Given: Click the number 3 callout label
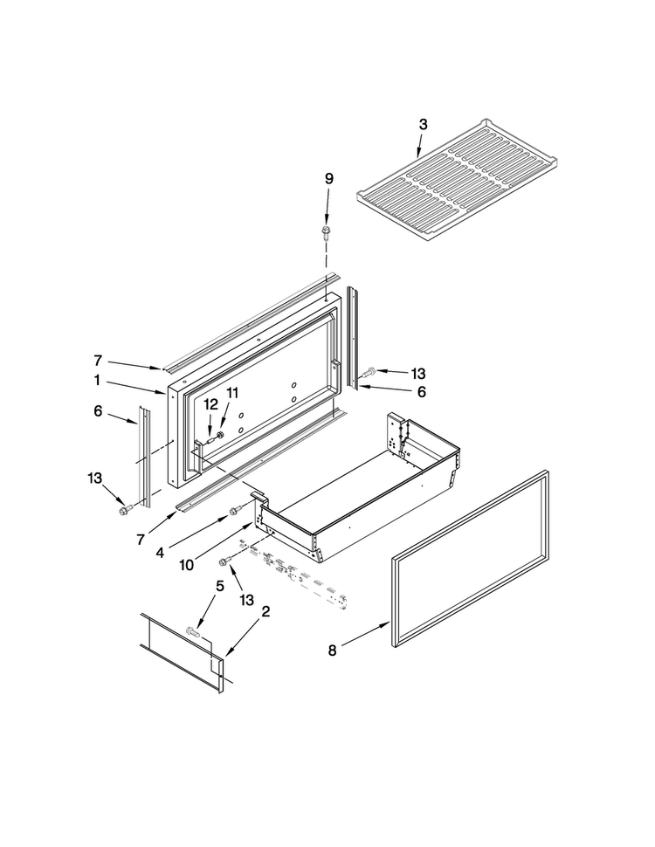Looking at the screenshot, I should [423, 124].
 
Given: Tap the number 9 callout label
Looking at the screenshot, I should [328, 178].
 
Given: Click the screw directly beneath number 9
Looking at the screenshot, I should [327, 231].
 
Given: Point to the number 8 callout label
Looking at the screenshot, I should [331, 650].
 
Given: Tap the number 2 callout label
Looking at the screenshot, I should [265, 612].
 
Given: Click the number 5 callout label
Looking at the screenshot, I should [219, 586].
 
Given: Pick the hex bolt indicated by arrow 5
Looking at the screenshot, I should [193, 630].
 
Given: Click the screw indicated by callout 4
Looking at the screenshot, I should [233, 511].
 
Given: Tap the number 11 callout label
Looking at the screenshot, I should [232, 394].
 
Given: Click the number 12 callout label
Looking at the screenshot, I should [210, 403].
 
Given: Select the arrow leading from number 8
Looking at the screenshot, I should [364, 636].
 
